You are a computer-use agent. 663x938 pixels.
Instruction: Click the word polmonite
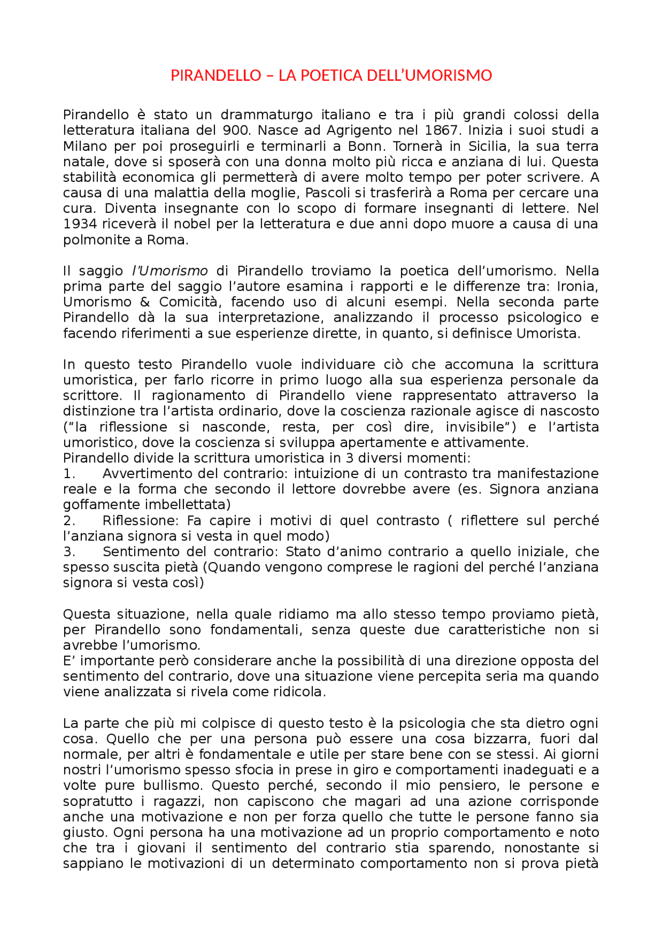[95, 240]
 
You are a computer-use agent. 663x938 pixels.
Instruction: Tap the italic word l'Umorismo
[170, 271]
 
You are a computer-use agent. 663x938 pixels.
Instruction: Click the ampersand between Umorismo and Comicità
[145, 302]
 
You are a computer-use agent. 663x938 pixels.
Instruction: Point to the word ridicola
[299, 692]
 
